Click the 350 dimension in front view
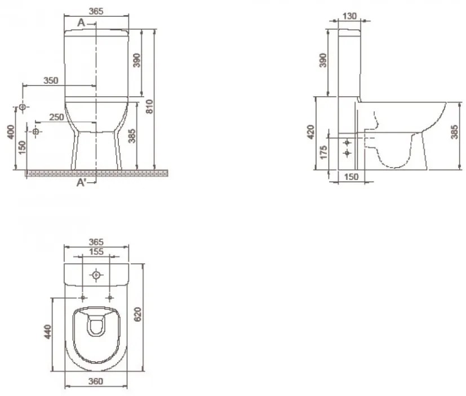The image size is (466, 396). (51, 80)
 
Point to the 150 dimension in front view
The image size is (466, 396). (22, 146)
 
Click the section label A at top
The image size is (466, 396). (82, 22)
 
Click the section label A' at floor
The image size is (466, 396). (82, 183)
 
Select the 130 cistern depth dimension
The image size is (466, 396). (349, 16)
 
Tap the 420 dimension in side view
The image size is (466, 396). (310, 132)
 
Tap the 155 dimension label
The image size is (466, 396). (96, 252)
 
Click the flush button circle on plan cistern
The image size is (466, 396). (96, 275)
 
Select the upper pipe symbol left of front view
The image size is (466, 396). (23, 107)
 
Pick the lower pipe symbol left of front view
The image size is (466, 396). (36, 132)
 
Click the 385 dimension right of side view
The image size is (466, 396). (454, 133)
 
